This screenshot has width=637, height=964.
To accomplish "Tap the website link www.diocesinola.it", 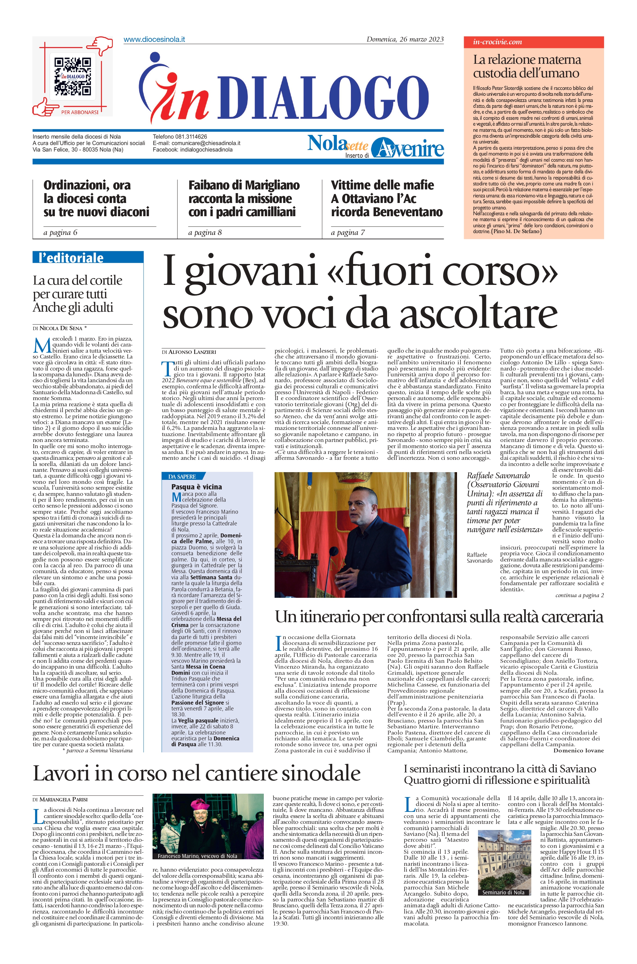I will coord(154,39).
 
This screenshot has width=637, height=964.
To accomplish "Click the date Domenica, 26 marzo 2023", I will coord(405,39).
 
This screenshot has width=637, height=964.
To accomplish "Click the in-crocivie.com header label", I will coord(497,42).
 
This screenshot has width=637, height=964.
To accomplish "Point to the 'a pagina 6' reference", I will coord(60,233).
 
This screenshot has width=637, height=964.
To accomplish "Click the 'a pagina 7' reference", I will coord(348,233).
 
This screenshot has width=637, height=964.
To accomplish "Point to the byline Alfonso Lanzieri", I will coord(189,352).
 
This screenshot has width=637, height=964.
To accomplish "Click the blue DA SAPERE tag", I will coord(182,476).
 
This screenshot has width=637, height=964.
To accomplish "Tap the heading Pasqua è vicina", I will coord(197,487).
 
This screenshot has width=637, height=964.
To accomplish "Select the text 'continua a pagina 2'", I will coord(579,595).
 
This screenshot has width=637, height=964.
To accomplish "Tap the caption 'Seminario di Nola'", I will coord(503,892).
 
